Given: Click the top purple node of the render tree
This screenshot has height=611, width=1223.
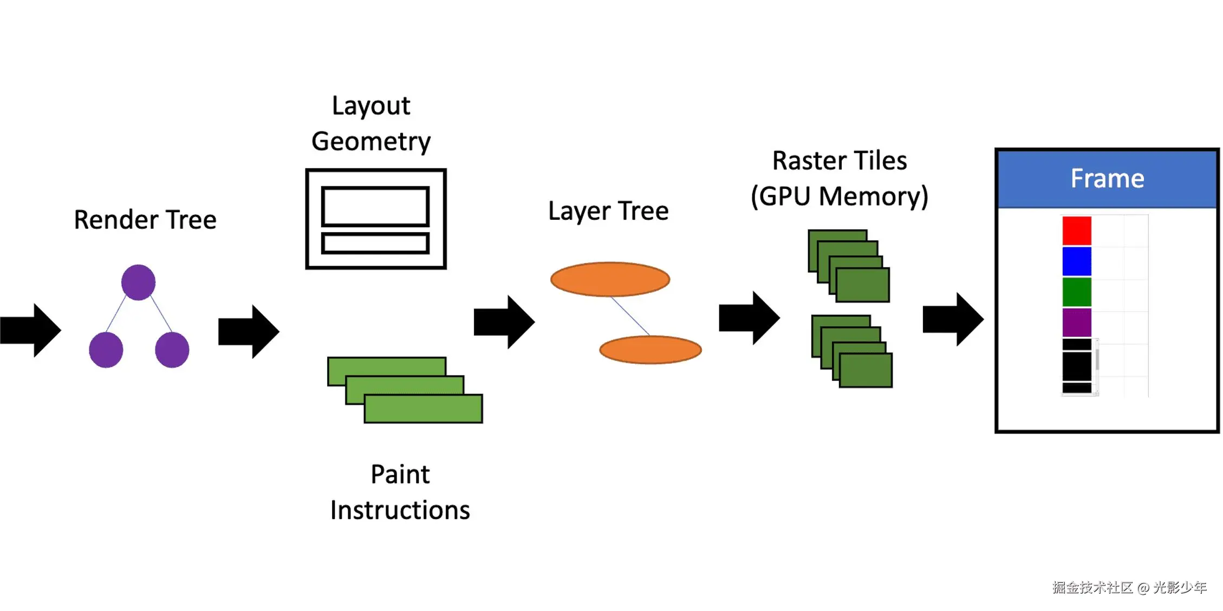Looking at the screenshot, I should (x=138, y=282).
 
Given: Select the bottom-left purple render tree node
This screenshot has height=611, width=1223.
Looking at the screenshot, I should (x=106, y=350).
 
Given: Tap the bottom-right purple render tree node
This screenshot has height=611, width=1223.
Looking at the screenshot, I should (x=172, y=350).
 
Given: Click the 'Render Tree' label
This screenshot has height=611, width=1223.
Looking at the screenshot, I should (x=145, y=220).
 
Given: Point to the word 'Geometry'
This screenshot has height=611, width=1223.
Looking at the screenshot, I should (x=371, y=142).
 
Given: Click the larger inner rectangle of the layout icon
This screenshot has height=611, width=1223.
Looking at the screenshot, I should (x=375, y=206).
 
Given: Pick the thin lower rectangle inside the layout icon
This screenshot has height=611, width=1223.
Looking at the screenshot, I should (x=375, y=243).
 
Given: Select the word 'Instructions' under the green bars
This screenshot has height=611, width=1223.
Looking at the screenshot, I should (x=400, y=510).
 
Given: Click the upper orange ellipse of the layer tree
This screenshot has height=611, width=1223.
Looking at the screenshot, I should (x=610, y=279).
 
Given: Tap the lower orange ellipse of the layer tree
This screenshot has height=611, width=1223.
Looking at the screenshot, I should (x=650, y=350).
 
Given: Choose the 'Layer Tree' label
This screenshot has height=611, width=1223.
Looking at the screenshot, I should (x=608, y=211).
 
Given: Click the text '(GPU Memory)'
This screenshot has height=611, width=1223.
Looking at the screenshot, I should (x=840, y=196).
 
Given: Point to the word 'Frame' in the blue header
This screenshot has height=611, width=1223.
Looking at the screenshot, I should (x=1107, y=179).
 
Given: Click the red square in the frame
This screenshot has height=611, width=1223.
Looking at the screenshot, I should (x=1077, y=231).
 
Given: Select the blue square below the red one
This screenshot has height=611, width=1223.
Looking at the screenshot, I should (x=1077, y=261).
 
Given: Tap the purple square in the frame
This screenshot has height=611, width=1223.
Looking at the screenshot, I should (x=1077, y=323).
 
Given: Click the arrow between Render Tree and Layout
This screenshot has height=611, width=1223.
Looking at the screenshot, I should (x=248, y=331).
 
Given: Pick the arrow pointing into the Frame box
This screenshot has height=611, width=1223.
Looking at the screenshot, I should (x=952, y=319).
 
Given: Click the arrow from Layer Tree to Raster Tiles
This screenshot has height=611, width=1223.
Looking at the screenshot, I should (x=749, y=318).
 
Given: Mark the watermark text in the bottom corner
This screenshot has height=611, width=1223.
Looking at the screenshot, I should (x=1129, y=587).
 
